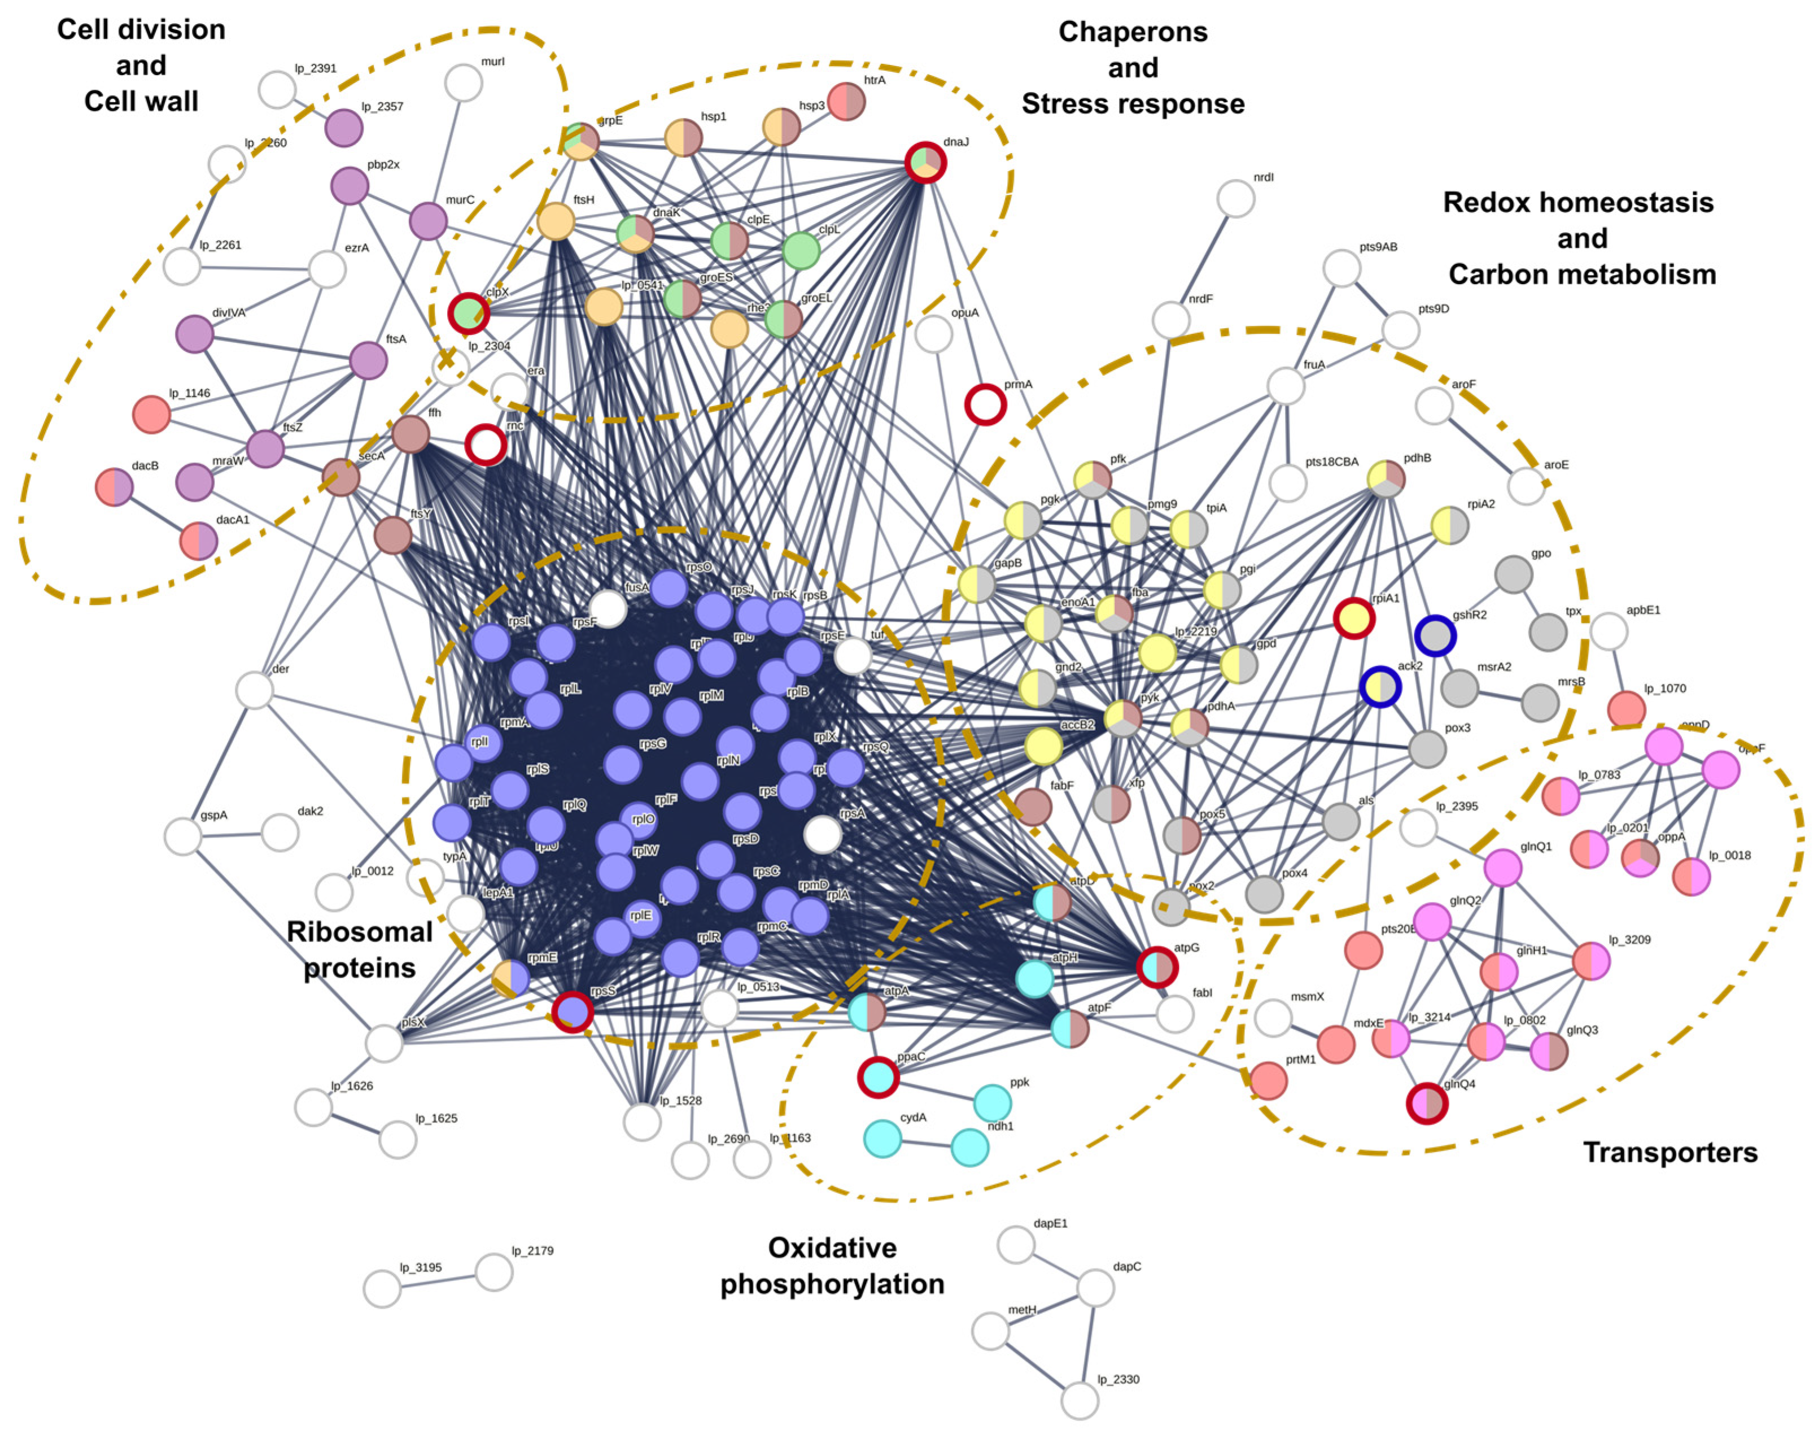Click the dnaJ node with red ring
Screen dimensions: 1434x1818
pos(925,162)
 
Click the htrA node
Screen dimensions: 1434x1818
pos(846,102)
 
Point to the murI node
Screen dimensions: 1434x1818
pos(464,83)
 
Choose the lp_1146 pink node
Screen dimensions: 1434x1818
pos(152,414)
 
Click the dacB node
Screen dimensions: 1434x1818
pos(114,487)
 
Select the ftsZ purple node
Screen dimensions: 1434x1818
pos(266,448)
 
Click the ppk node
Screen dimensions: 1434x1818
pos(992,1102)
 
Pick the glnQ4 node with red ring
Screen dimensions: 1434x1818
pos(1427,1103)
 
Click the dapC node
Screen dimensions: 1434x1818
pos(1095,1287)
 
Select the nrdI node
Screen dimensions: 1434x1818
pos(1235,199)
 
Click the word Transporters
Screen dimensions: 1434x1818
pos(1670,1152)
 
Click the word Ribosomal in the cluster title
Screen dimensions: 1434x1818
pos(359,931)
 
